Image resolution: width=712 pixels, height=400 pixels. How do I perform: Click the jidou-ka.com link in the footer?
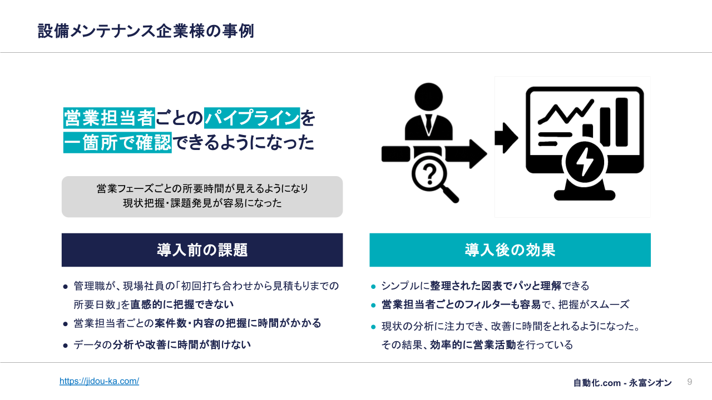coord(99,381)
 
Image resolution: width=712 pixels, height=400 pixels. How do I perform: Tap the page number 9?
coord(689,382)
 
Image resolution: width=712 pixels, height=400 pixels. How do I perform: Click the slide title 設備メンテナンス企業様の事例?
coord(146,31)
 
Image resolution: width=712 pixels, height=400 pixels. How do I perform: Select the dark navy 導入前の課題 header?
coord(202,250)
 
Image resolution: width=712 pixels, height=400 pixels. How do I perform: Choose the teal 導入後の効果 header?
coord(510,250)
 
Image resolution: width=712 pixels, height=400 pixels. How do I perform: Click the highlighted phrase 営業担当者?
coord(109,118)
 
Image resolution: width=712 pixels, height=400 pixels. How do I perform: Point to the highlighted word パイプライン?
coord(252,118)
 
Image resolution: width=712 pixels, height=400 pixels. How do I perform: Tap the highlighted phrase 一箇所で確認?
coord(117,143)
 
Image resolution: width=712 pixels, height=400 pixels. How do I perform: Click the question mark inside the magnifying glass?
coord(429,174)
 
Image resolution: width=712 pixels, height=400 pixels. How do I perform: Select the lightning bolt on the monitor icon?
coord(584,162)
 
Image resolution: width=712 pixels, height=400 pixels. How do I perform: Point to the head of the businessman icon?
coord(428,97)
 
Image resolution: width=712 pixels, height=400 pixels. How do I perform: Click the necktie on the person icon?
coord(428,124)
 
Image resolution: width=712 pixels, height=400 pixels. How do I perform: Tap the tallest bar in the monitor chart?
coord(622,122)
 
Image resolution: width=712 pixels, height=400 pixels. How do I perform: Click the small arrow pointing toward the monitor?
coord(506,138)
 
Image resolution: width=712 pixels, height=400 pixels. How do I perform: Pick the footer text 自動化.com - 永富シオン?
coord(622,383)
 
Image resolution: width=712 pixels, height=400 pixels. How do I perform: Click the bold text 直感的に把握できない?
coord(182,304)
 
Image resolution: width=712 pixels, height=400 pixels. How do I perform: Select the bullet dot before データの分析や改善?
coord(66,346)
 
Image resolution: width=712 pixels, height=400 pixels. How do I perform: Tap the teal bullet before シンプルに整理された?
coord(373,287)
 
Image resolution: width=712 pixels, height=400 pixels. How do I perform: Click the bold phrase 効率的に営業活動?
coord(473,345)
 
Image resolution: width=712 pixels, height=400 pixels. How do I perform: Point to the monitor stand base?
coord(585,194)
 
